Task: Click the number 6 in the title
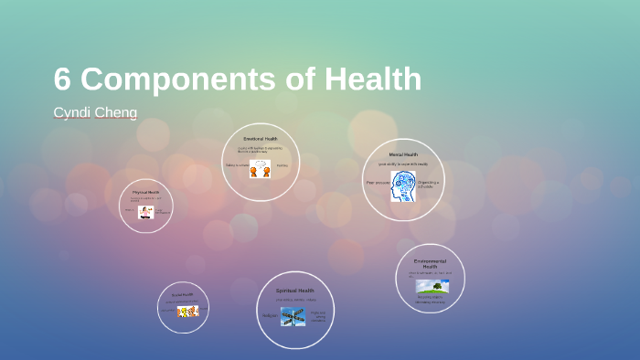62,79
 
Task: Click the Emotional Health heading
261,138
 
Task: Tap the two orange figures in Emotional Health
260,168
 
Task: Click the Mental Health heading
403,154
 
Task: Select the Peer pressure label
377,183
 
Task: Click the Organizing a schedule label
429,184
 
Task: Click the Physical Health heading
145,193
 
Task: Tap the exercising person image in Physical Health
145,212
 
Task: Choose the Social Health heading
183,295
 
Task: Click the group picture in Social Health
187,312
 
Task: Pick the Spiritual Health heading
294,291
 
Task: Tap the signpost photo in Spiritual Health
293,316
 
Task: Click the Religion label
270,316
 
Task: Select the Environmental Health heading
430,263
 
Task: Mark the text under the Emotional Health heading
260,149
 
